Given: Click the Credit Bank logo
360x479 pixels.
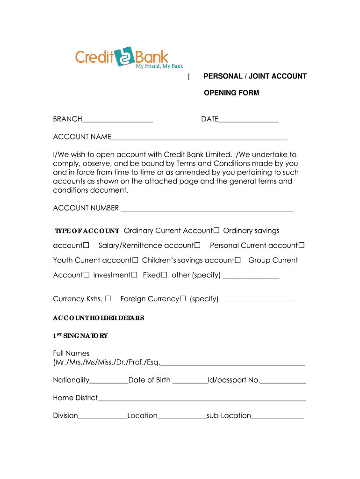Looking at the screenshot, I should [122, 57].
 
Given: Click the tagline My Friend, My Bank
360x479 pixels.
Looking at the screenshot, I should [159, 66].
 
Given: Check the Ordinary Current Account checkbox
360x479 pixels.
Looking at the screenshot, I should [216, 231].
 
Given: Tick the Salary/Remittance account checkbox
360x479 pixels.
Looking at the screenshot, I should [198, 246].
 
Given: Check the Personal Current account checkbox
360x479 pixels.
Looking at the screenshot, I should [302, 246].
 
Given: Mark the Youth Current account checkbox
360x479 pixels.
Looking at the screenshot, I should [136, 261].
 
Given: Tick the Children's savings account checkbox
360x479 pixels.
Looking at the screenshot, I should [238, 261].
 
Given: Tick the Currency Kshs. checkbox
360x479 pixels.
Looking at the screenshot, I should [108, 299].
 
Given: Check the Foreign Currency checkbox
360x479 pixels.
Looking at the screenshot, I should [183, 299].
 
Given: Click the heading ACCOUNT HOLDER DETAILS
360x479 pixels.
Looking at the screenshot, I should [99, 318].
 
